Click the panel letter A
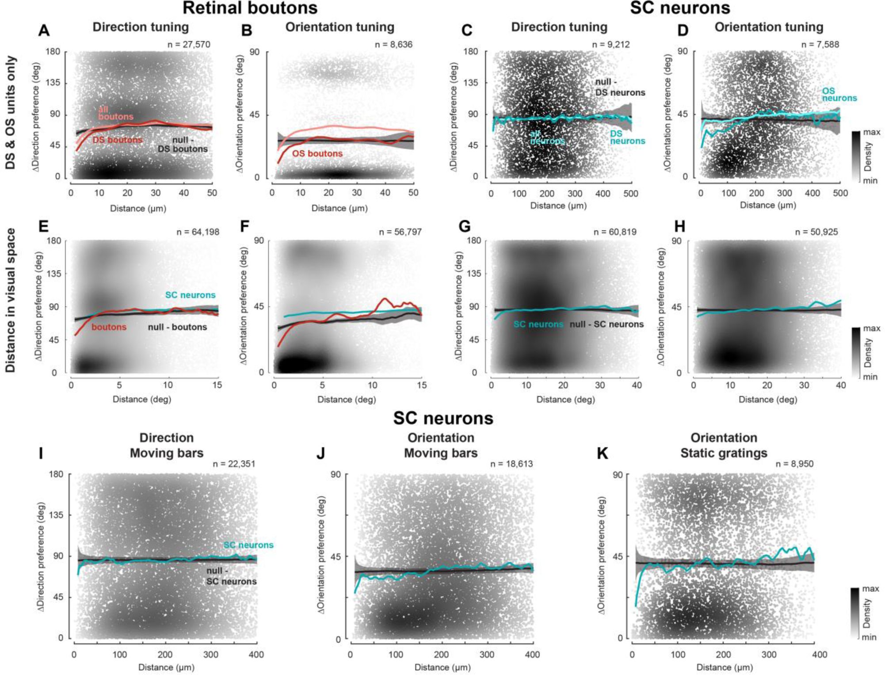click(x=44, y=31)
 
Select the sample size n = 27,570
click(x=189, y=45)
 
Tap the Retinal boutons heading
click(x=250, y=8)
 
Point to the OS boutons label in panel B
click(x=317, y=154)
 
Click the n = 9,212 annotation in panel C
click(x=610, y=45)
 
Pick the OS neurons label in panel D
click(x=839, y=95)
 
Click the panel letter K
click(x=603, y=454)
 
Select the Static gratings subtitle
click(x=724, y=453)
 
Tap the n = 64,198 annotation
click(x=198, y=232)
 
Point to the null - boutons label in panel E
click(x=177, y=327)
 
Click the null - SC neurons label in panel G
click(x=607, y=324)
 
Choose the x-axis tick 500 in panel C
click(x=631, y=194)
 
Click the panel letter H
click(x=679, y=227)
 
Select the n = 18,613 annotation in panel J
click(x=511, y=464)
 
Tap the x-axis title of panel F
click(x=347, y=400)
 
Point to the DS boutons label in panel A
click(x=117, y=140)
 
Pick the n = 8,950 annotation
click(x=794, y=464)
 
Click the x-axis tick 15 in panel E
click(x=217, y=385)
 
